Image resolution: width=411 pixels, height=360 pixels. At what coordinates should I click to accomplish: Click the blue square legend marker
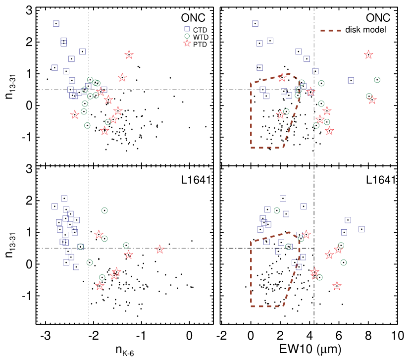coord(187,29)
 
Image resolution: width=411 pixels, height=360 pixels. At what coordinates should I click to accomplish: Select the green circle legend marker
coord(187,36)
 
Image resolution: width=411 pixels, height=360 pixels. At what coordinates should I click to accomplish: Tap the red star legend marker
coord(187,43)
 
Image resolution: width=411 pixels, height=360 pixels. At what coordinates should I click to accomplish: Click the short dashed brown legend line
coord(330,31)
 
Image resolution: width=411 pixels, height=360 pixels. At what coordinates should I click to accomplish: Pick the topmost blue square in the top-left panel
coord(56,24)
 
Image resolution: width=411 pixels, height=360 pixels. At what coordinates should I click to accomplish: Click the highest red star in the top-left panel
coord(129,54)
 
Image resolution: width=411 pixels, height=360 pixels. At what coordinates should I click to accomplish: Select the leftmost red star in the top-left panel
coord(75,114)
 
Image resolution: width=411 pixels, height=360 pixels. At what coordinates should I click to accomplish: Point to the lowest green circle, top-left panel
coord(87,125)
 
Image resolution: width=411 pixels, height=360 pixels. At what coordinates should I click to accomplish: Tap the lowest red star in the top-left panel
coord(104,131)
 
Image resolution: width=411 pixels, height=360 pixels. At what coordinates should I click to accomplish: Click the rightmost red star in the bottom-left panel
coord(159,249)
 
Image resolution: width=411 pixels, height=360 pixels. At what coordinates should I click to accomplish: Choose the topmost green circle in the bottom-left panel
coord(104,210)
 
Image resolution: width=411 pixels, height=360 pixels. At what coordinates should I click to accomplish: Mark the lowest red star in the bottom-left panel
coord(100,286)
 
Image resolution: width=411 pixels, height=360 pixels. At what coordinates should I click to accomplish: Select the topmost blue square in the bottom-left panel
coord(64,198)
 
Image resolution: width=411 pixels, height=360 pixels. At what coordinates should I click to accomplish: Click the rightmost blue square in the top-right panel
coord(351,80)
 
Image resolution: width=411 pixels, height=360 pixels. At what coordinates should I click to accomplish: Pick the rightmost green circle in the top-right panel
coord(377,80)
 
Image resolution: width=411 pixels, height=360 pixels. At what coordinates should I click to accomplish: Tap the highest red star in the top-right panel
coord(368,54)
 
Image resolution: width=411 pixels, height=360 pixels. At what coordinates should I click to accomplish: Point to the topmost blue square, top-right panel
coord(255,24)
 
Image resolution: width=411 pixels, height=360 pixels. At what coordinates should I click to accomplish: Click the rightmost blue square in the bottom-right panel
coord(361,229)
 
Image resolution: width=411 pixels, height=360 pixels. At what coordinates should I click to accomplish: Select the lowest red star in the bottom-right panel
coord(337,286)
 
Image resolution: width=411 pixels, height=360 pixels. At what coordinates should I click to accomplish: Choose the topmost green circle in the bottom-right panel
coord(277,210)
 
